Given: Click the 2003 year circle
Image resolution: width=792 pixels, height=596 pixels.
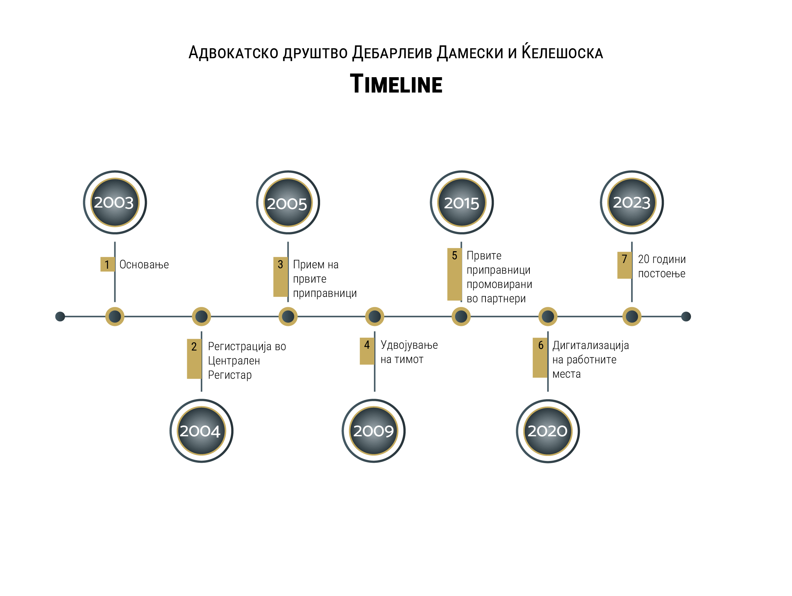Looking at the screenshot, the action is click(x=115, y=202).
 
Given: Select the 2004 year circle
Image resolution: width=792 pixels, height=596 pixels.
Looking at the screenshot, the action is click(x=201, y=431).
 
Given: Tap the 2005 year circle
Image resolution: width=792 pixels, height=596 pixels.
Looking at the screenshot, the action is click(x=288, y=202).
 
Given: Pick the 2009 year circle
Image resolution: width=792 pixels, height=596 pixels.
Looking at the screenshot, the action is click(x=373, y=431).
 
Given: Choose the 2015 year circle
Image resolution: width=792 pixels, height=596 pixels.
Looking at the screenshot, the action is click(x=462, y=202).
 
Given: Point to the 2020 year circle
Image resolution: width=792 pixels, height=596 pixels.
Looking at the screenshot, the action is click(x=548, y=431).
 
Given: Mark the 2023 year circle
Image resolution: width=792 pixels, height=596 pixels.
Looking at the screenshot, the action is click(x=632, y=202).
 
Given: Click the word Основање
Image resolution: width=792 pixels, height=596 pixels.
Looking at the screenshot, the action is click(x=144, y=265).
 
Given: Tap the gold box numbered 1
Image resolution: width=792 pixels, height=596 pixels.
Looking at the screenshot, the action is click(x=108, y=264).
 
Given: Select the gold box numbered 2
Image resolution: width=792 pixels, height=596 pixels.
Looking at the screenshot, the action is click(x=194, y=359).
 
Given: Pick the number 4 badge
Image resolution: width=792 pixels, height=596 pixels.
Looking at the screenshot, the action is click(x=367, y=351).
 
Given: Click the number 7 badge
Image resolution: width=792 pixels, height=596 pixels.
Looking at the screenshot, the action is click(x=624, y=265).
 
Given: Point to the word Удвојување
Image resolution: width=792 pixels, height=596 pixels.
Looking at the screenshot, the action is click(x=409, y=345).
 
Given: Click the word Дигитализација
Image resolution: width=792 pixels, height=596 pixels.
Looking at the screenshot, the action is click(x=591, y=346).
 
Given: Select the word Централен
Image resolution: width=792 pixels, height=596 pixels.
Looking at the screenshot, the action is click(x=234, y=361).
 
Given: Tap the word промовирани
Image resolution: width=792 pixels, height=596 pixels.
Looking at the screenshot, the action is click(x=499, y=285).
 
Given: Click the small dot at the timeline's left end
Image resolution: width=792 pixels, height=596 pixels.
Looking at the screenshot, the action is click(x=60, y=317).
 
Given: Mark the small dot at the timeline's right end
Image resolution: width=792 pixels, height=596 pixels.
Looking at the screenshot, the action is click(x=686, y=317).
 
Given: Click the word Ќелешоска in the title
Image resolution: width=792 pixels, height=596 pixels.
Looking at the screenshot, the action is click(x=562, y=52).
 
